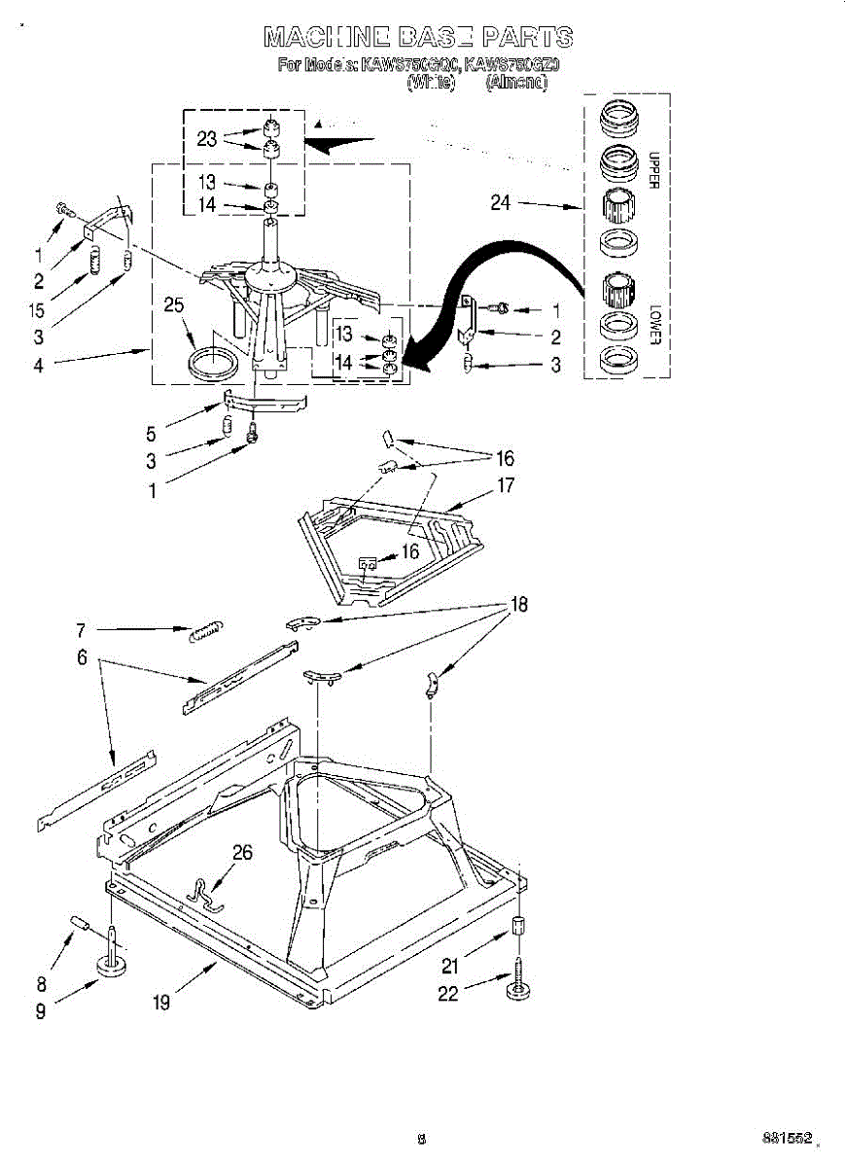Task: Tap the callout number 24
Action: (x=501, y=204)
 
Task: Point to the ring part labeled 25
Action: (x=210, y=363)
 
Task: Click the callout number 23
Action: (x=206, y=139)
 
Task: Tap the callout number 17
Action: (x=506, y=485)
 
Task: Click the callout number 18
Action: (x=519, y=605)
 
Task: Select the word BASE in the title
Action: (x=433, y=38)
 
